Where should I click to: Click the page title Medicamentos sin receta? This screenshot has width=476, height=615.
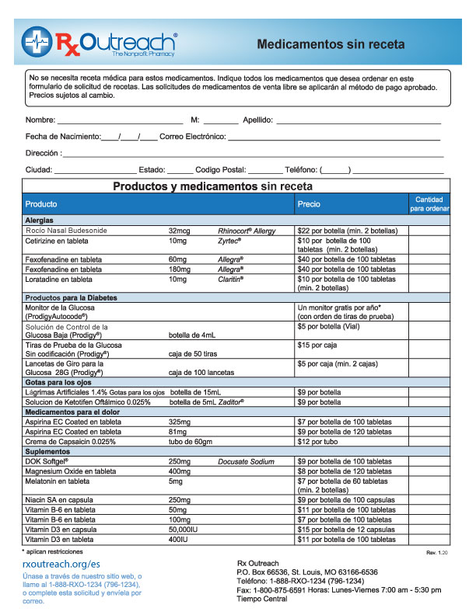331,45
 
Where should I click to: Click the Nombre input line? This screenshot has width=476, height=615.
120,120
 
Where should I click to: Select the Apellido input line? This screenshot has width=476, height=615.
359,120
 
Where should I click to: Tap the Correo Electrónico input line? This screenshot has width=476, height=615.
334,137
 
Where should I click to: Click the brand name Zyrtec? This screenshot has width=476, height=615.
231,241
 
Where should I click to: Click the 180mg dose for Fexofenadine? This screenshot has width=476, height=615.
179,269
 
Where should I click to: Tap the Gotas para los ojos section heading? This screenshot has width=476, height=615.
59,383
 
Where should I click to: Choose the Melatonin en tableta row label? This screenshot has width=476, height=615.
59,481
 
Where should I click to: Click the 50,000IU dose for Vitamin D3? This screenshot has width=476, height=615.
185,529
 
